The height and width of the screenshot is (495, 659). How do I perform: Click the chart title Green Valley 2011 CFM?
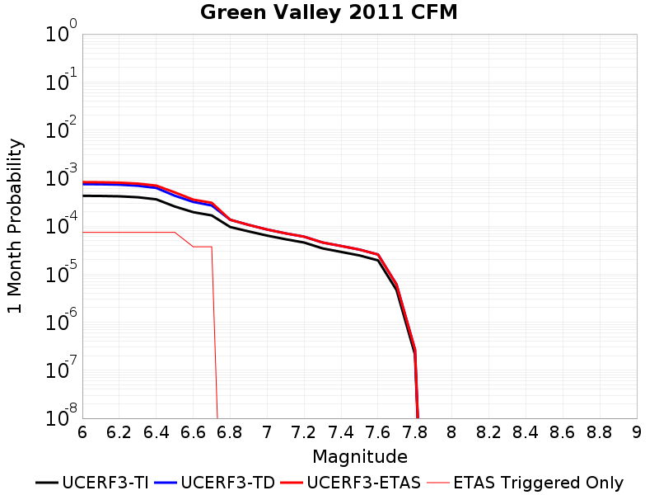click(x=329, y=12)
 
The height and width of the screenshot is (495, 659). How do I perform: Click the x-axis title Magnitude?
click(x=360, y=457)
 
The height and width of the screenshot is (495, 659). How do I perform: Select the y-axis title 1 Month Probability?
click(x=15, y=226)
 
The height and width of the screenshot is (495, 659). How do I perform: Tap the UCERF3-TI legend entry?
click(x=92, y=483)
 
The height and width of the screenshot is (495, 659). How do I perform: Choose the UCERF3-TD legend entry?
click(x=215, y=483)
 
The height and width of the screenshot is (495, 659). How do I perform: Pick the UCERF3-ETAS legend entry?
click(x=351, y=483)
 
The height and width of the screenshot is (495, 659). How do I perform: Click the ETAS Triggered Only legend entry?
click(x=525, y=483)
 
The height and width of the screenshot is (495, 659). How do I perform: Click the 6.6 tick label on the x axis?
click(x=193, y=432)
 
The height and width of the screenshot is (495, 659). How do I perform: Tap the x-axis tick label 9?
click(x=637, y=432)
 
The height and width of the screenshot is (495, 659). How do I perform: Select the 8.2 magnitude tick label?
click(x=488, y=432)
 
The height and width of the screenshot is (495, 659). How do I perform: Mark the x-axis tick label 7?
click(x=267, y=432)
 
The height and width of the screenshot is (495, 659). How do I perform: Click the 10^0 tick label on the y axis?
click(x=62, y=31)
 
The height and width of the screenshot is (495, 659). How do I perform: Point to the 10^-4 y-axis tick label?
click(x=62, y=224)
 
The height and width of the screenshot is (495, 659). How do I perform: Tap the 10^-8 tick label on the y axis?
click(x=62, y=416)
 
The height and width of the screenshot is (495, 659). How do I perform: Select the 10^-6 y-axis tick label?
click(x=62, y=320)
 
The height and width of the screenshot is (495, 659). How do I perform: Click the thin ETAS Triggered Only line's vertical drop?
click(x=214, y=332)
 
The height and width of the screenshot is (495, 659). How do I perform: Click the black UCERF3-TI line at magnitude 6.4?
click(x=156, y=199)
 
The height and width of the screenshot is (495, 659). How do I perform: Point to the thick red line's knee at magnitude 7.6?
click(x=378, y=255)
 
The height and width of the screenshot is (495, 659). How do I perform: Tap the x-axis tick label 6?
click(x=82, y=432)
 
